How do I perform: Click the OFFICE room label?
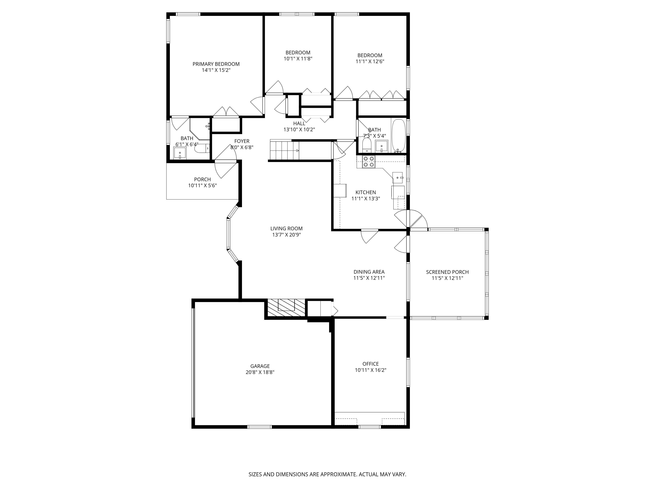tap(370, 364)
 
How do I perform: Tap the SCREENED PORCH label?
tap(447, 272)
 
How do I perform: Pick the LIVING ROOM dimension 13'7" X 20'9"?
tap(286, 235)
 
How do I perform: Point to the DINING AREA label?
tap(369, 272)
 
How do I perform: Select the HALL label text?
tap(299, 123)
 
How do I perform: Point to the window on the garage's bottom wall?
tap(259, 427)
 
